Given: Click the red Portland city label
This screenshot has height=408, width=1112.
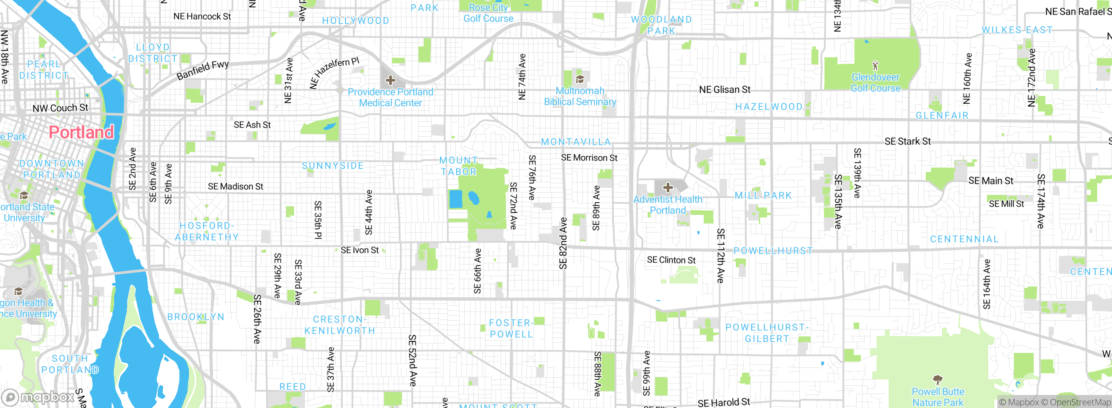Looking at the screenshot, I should (81, 132).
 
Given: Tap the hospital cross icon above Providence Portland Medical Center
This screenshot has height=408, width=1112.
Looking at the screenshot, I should (390, 80).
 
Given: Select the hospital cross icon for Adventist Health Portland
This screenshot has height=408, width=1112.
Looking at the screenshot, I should (668, 188).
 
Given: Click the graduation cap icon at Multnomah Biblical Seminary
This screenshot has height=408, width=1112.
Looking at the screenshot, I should (579, 79).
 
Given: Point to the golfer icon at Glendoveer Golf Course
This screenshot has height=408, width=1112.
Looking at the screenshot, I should (875, 66).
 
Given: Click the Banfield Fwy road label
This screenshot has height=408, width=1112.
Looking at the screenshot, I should (203, 70).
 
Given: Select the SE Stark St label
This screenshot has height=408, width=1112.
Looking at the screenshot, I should (907, 141).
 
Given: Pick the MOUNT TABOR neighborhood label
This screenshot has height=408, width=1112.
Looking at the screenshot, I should (459, 166).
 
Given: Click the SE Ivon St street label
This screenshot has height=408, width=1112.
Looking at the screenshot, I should (360, 250).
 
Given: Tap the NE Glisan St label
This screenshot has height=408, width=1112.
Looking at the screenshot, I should (725, 90).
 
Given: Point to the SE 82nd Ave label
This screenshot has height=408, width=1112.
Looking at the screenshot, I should (563, 243).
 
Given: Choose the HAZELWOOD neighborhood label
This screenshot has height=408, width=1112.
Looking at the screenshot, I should (769, 107).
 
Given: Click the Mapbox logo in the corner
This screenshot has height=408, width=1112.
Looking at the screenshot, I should (38, 397).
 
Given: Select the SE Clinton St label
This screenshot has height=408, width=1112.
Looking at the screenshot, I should (671, 260).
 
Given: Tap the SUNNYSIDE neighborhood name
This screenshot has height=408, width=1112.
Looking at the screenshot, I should (333, 166).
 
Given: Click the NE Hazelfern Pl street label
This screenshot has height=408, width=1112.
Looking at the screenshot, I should (334, 72).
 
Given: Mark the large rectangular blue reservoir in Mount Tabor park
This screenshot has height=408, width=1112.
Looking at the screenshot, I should (456, 199).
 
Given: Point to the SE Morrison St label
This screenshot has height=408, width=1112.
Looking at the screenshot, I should (589, 158).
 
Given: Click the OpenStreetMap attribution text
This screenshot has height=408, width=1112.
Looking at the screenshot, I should (1080, 402).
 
